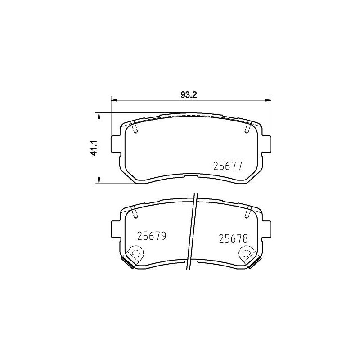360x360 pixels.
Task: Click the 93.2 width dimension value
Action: (x=189, y=95)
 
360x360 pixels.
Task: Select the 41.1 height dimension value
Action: (x=94, y=148)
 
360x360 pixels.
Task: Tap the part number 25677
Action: (x=228, y=166)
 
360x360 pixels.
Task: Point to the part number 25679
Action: (x=152, y=236)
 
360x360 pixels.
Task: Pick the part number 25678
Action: (x=234, y=239)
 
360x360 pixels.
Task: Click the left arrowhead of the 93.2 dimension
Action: (x=114, y=100)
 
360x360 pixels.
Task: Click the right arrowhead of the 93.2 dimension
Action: (x=268, y=100)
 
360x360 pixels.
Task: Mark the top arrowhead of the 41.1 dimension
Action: (x=99, y=116)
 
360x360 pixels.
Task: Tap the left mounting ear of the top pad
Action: (x=116, y=144)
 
